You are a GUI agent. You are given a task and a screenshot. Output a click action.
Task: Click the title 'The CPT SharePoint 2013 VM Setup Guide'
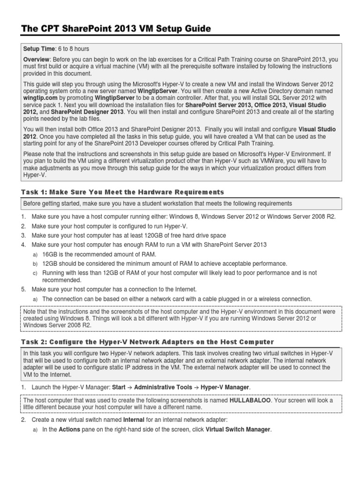pos(116,29)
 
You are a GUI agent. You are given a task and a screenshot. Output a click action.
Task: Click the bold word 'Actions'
pos(69,429)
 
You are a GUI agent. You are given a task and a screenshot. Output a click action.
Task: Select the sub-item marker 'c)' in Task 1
pos(34,273)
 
